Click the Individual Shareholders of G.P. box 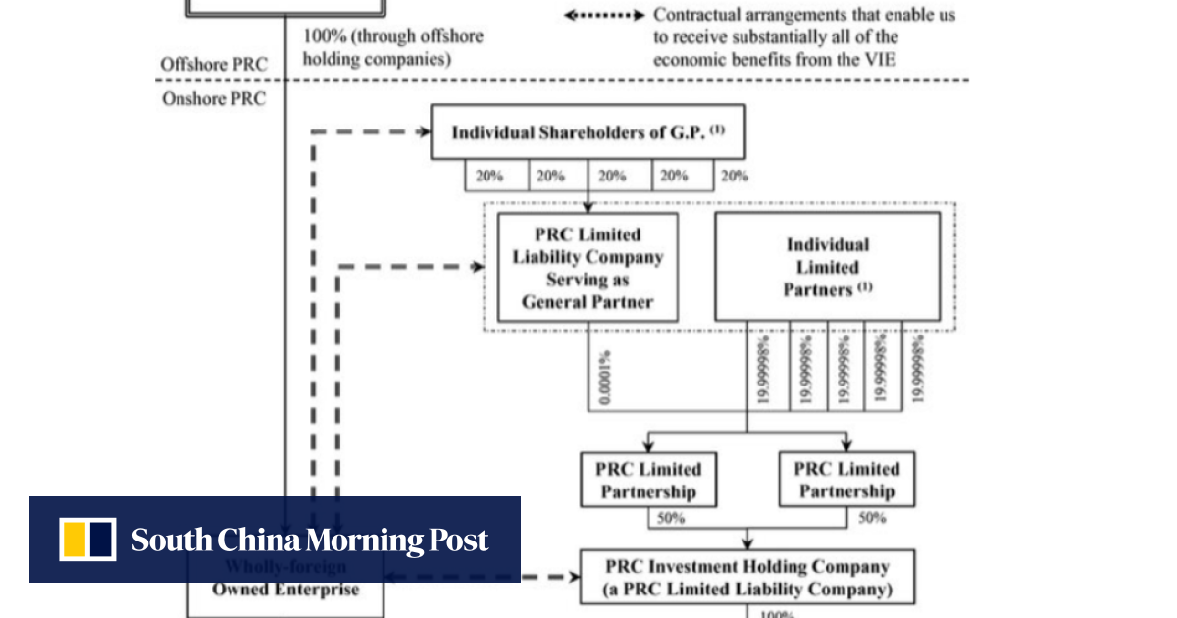(x=588, y=131)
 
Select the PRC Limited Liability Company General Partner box (x=588, y=267)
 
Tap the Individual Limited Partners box (x=827, y=267)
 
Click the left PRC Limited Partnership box (x=648, y=480)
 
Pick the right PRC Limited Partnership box (x=845, y=480)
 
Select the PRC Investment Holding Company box (x=747, y=578)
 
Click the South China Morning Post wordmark (x=310, y=541)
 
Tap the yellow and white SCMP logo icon (x=87, y=540)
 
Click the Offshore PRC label (x=213, y=65)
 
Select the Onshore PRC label (x=213, y=99)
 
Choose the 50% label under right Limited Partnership (x=871, y=518)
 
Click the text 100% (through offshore (x=392, y=37)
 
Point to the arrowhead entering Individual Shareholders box (x=424, y=130)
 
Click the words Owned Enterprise (x=285, y=590)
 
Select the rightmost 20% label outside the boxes (x=734, y=176)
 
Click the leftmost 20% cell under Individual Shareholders (x=489, y=176)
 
